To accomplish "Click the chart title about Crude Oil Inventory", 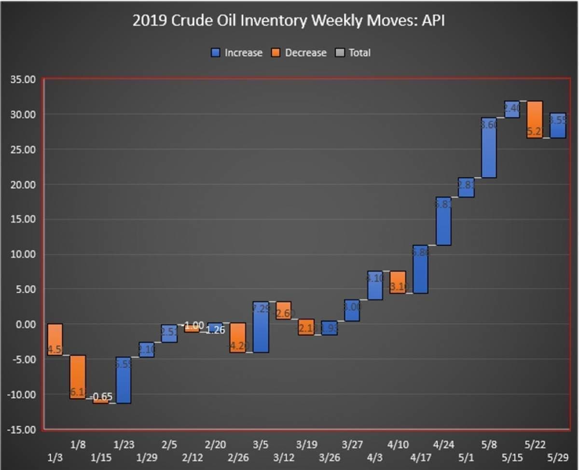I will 289,22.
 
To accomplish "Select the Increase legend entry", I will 237,53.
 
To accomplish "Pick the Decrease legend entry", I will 300,53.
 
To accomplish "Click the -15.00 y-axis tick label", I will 22,429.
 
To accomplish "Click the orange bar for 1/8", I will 78,377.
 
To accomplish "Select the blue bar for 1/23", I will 124,380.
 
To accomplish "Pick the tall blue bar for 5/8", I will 489,148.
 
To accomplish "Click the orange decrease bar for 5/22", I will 534,119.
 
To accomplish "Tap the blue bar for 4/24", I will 443,221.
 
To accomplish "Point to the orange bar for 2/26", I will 237,338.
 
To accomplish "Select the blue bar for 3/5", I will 261,327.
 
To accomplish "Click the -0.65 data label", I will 101,397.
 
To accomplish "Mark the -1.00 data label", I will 193,325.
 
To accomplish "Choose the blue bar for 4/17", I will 420,269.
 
